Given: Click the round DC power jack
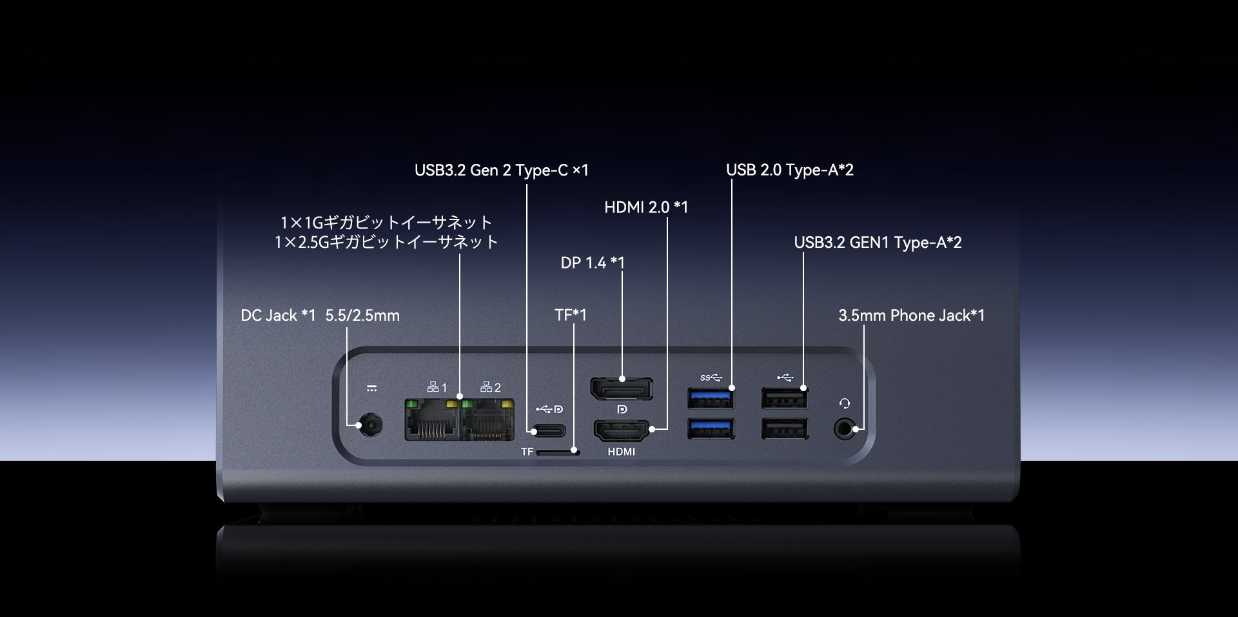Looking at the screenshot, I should point(371,425).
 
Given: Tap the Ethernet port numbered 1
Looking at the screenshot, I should point(432,420).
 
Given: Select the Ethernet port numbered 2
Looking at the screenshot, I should point(487,420).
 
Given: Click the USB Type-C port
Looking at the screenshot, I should point(548,430).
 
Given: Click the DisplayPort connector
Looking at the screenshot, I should point(622,389).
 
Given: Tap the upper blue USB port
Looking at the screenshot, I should point(711,398).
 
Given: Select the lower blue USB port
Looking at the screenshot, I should point(711,429).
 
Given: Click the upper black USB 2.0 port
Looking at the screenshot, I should point(784,398).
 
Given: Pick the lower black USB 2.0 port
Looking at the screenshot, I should point(784,429).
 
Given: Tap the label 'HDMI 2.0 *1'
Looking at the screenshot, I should point(646,207).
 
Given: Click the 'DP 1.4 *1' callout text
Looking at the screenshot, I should point(593,263).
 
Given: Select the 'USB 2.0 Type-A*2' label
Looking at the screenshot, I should point(789,170).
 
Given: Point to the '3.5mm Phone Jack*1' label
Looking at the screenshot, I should point(911,316).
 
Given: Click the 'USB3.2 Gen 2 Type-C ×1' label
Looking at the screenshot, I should point(501,170).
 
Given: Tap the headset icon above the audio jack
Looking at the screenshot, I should point(845,404).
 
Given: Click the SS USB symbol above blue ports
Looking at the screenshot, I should point(711,378).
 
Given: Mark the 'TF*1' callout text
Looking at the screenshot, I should point(571,315).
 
